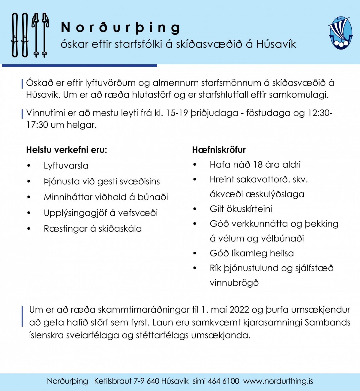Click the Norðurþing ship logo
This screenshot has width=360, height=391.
[x=340, y=33]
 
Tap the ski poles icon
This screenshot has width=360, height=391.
[x=40, y=35]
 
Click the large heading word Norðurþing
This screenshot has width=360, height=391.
[x=121, y=28]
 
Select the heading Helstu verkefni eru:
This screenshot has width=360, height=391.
[x=66, y=150]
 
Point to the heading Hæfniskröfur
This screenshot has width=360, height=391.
[x=219, y=150]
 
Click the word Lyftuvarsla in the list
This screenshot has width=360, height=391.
[x=66, y=166]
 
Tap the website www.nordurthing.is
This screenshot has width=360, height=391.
[x=278, y=381]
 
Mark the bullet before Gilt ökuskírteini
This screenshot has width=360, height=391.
[x=195, y=209]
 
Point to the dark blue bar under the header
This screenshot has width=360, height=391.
[x=79, y=65]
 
